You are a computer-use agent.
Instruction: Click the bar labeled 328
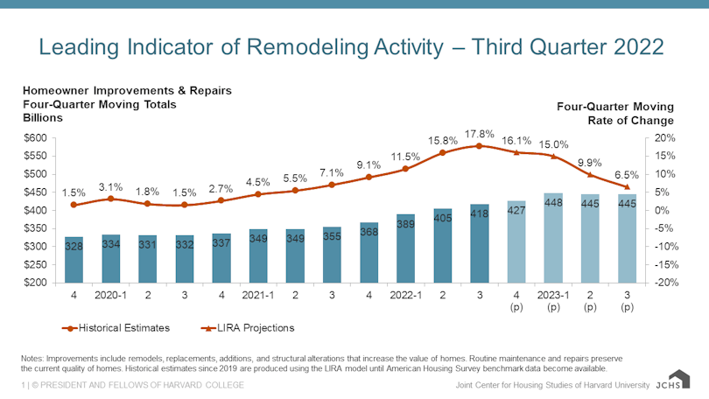74,260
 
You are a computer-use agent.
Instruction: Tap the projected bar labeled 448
552,238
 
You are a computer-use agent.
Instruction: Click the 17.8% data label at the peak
480,133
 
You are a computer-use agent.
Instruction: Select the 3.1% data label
110,187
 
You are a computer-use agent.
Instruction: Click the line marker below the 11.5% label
405,169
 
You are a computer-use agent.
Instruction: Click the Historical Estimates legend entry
114,328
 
